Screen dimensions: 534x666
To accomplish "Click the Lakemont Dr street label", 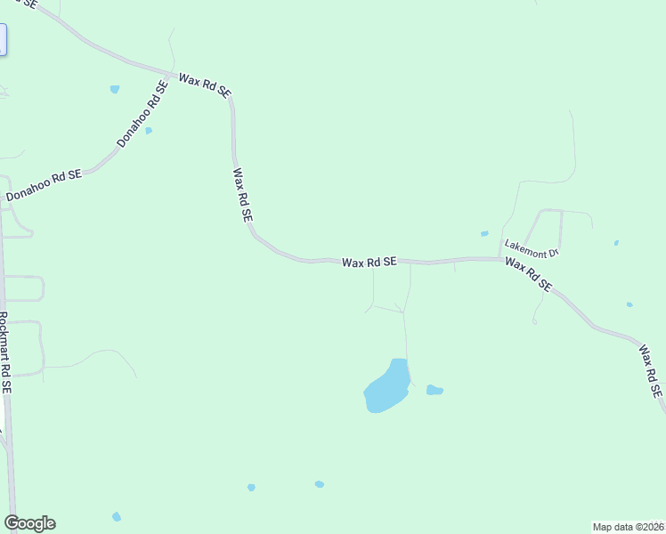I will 531,248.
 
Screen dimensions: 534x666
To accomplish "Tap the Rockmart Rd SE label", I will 5,352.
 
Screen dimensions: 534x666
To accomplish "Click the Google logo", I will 29,523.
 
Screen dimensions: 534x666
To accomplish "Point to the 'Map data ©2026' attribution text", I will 629,526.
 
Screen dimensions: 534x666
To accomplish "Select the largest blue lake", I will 387,387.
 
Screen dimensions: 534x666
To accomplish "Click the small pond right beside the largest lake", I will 435,390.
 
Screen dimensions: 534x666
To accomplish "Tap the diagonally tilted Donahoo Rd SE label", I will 142,115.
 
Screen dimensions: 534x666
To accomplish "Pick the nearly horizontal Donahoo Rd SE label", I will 44,186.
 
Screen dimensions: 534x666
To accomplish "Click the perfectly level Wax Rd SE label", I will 369,262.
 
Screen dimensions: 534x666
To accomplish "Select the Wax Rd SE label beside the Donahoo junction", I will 205,85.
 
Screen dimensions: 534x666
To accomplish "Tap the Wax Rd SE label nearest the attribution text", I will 651,370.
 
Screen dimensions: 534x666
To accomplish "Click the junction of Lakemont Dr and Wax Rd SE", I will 499,259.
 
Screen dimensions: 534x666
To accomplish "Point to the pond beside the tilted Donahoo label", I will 149,131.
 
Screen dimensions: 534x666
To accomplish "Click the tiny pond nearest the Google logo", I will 117,516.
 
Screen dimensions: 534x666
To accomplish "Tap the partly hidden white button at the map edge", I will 3,40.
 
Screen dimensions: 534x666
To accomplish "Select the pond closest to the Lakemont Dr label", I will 484,234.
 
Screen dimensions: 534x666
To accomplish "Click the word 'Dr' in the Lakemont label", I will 552,254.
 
